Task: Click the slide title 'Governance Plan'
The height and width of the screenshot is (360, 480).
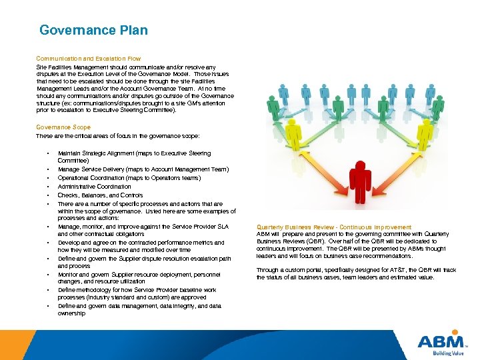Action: [x=93, y=30]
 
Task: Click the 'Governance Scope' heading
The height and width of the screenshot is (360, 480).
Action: [x=63, y=127]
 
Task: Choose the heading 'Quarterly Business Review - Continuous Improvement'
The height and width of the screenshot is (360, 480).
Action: [x=334, y=227]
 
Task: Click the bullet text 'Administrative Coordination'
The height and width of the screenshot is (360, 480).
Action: [x=94, y=187]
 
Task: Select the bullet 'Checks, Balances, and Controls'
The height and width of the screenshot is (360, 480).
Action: [x=100, y=195]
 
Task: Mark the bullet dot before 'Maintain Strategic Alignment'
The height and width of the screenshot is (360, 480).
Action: [x=49, y=153]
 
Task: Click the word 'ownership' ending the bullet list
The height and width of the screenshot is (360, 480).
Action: [x=71, y=313]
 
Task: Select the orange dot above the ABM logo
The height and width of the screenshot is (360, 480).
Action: [x=455, y=331]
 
